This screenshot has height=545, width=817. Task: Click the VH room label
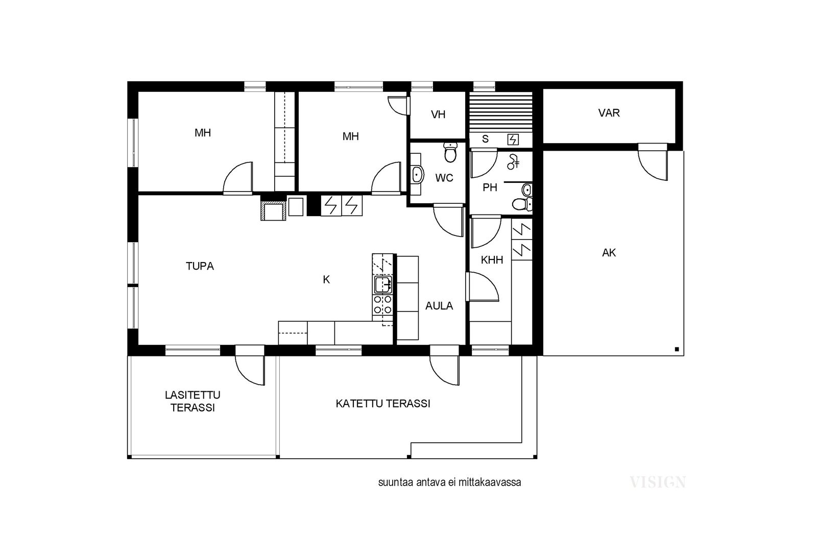438,114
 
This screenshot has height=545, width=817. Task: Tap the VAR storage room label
609,113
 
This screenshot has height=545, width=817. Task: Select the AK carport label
609,252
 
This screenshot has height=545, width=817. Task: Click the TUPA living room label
200,266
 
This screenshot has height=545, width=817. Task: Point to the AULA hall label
439,305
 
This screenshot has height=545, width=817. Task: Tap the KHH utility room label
492,260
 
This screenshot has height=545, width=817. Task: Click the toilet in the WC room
451,152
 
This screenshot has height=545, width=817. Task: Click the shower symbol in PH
513,161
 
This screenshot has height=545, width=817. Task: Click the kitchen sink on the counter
383,285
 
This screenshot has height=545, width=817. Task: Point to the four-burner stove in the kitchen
382,305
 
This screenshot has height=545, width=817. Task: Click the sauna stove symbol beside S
513,139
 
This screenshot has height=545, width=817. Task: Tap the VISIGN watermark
658,482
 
